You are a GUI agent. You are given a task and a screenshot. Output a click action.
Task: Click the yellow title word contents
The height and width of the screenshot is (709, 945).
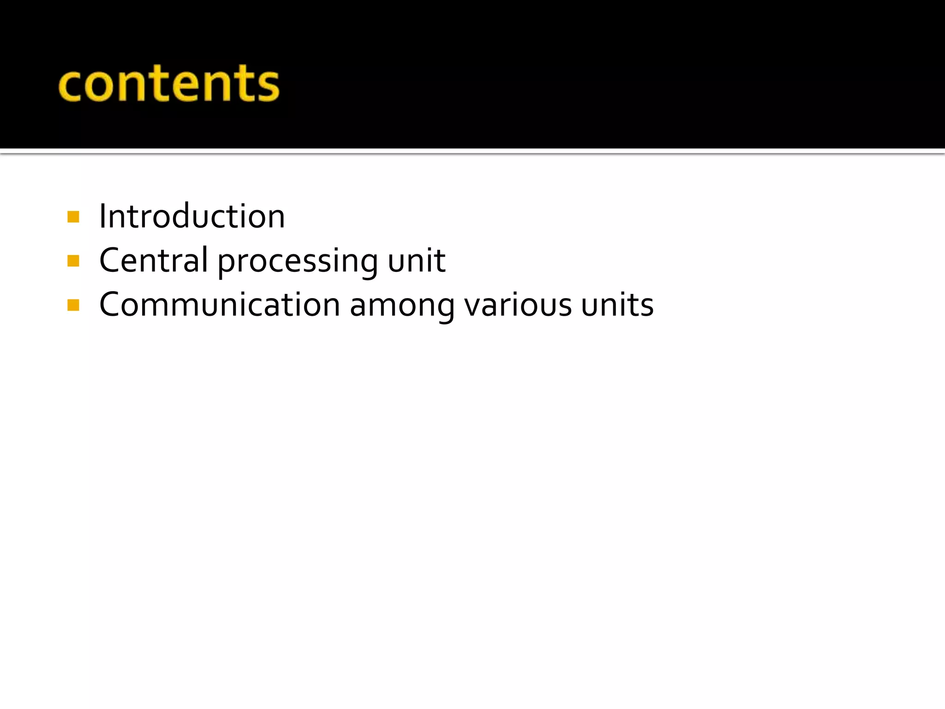tap(169, 84)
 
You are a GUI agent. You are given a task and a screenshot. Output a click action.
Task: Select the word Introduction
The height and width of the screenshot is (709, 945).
tap(192, 216)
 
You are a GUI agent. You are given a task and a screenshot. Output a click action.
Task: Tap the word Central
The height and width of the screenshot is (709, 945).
tap(153, 260)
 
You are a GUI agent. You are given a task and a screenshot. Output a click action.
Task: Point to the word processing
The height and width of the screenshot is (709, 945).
tap(298, 261)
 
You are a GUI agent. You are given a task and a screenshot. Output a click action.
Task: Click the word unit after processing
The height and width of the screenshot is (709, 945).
tap(416, 260)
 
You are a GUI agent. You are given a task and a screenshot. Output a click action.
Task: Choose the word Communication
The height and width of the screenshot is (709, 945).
tap(220, 305)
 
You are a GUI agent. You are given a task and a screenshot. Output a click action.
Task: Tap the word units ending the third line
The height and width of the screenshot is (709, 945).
tap(617, 305)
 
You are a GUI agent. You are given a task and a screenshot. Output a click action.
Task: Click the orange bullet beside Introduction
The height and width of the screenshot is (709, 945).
tap(73, 217)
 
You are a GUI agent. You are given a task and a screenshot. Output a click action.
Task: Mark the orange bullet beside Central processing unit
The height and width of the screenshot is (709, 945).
tap(73, 261)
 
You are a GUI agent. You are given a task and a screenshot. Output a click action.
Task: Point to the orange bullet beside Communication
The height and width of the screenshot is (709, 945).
tap(73, 305)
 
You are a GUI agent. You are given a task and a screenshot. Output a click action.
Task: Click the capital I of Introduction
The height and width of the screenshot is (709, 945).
tap(103, 216)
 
